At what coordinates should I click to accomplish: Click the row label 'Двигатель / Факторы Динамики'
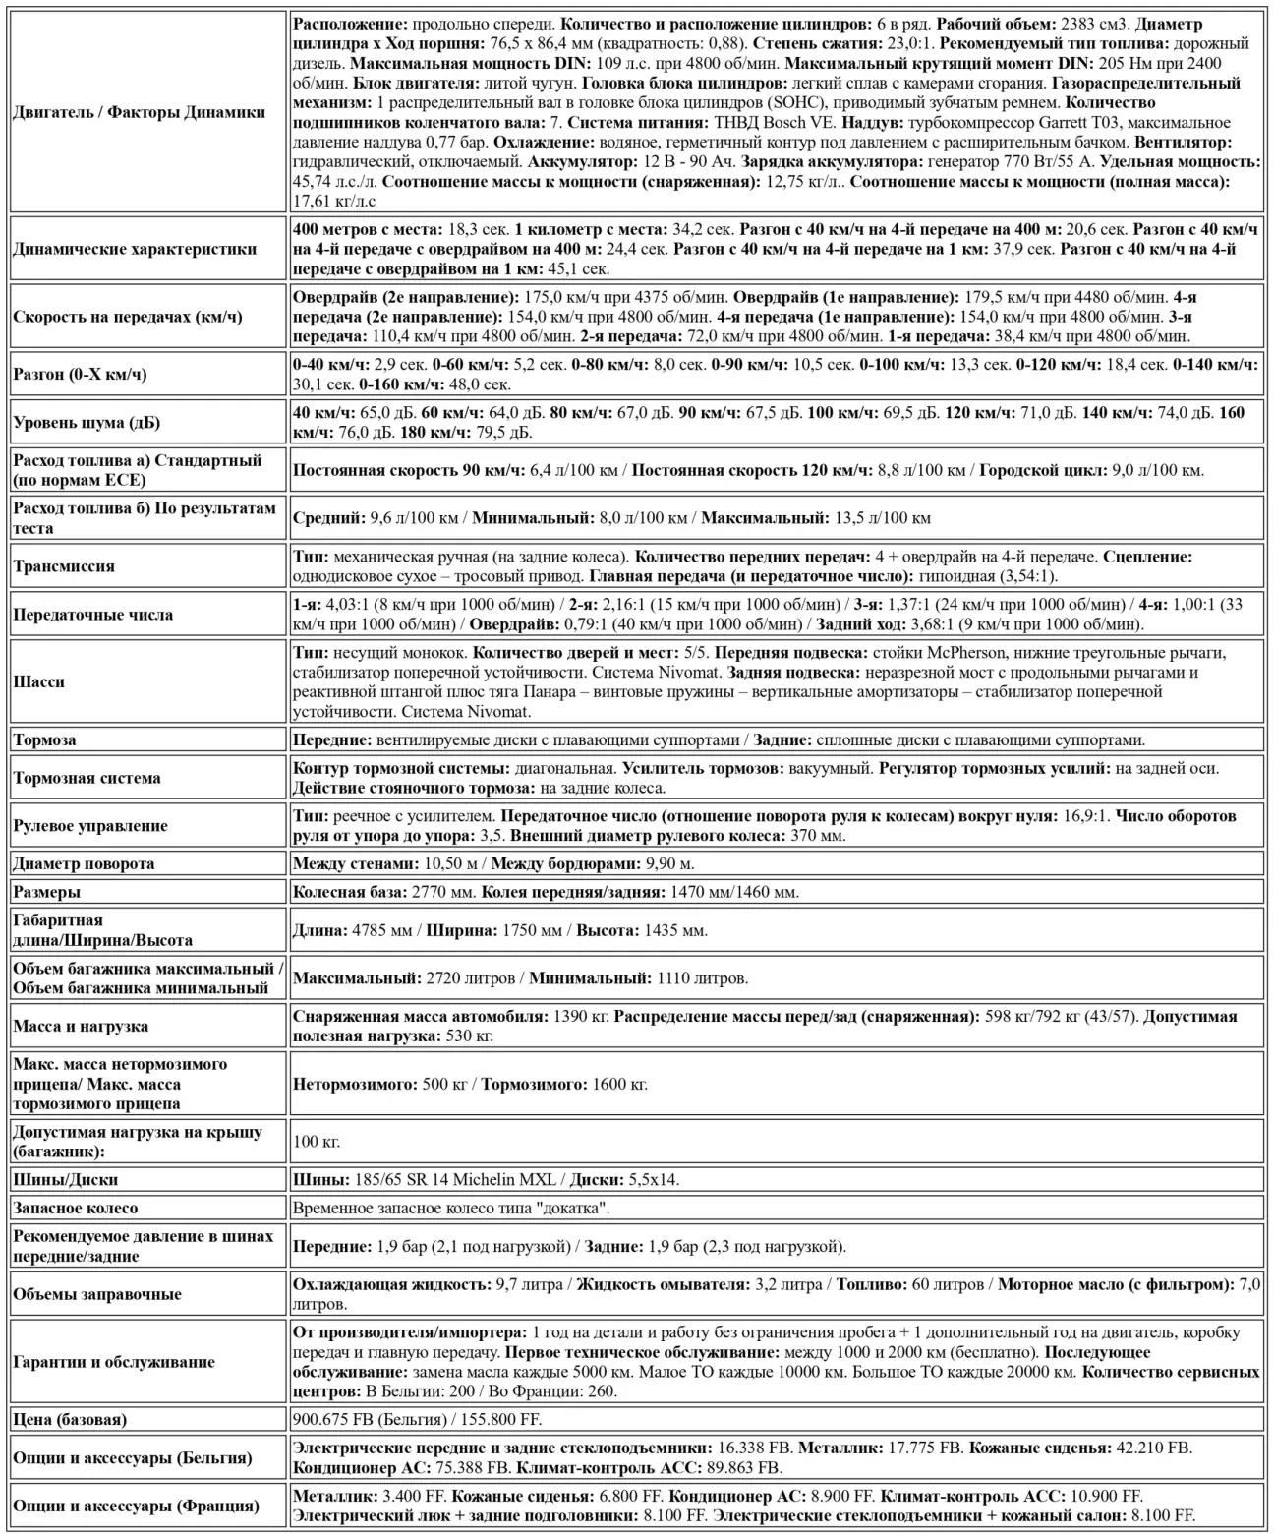(x=139, y=112)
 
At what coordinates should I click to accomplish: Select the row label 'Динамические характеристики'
(x=135, y=249)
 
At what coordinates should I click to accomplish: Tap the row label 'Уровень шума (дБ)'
(x=87, y=423)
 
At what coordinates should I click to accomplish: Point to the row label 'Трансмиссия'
(x=64, y=566)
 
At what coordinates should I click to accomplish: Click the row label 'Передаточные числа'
(x=96, y=615)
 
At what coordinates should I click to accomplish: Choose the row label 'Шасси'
(x=38, y=681)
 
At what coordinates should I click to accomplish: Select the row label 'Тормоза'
(x=44, y=739)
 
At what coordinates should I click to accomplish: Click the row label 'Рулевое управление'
(x=90, y=826)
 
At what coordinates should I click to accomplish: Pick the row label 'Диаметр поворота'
(x=84, y=863)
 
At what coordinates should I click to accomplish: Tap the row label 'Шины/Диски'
(x=65, y=1179)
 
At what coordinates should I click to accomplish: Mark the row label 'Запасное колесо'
(x=76, y=1208)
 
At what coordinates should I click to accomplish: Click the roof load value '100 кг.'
(x=317, y=1142)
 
